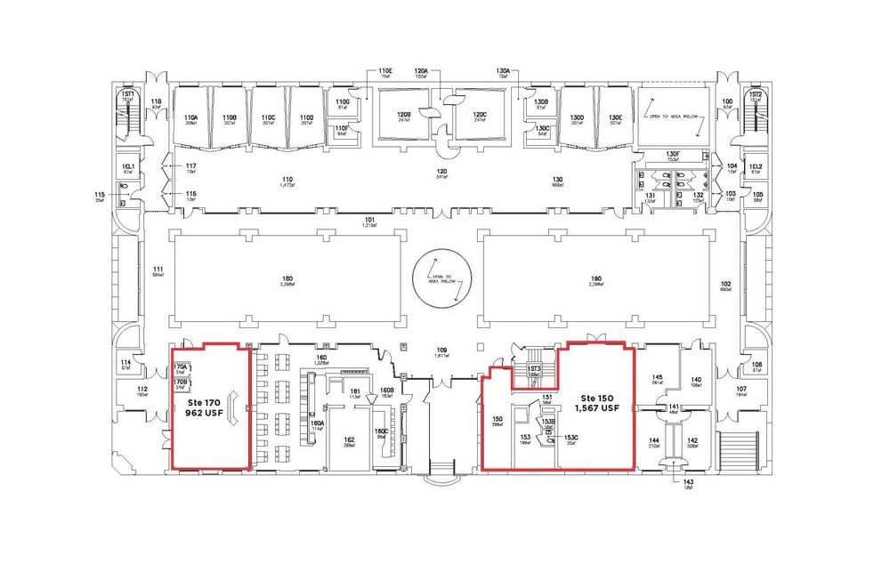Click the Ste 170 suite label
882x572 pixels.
tap(200, 401)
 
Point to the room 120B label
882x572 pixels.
tap(402, 116)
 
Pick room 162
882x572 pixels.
tap(349, 441)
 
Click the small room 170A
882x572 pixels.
tap(181, 367)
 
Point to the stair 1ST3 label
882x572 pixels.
tap(534, 369)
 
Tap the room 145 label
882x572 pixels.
tap(657, 378)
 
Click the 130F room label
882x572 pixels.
tap(673, 154)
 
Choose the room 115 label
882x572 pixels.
tap(99, 195)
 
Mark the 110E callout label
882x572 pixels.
tap(384, 71)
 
